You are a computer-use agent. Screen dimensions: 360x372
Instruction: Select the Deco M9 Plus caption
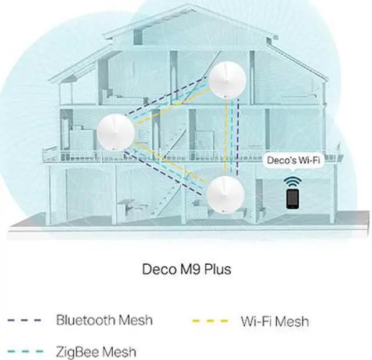pyautogui.click(x=186, y=270)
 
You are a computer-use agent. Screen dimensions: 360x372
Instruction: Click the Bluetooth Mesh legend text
pyautogui.click(x=104, y=320)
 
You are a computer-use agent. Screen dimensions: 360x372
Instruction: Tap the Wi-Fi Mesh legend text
pyautogui.click(x=274, y=321)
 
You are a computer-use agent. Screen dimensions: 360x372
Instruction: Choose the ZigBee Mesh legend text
pyautogui.click(x=96, y=351)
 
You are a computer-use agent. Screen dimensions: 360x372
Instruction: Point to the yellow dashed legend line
pyautogui.click(x=209, y=321)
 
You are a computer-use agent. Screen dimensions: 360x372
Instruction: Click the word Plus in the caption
pyautogui.click(x=217, y=270)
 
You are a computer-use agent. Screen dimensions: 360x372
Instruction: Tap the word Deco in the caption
pyautogui.click(x=156, y=270)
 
